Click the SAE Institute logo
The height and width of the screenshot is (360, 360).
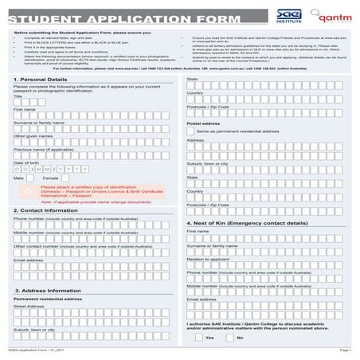click(x=288, y=15)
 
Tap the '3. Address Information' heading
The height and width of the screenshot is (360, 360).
click(x=48, y=292)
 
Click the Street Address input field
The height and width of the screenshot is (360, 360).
click(x=91, y=312)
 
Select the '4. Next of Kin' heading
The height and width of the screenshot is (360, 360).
click(x=245, y=224)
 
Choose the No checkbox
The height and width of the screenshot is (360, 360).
click(x=231, y=338)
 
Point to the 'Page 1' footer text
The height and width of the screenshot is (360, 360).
click(x=345, y=350)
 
